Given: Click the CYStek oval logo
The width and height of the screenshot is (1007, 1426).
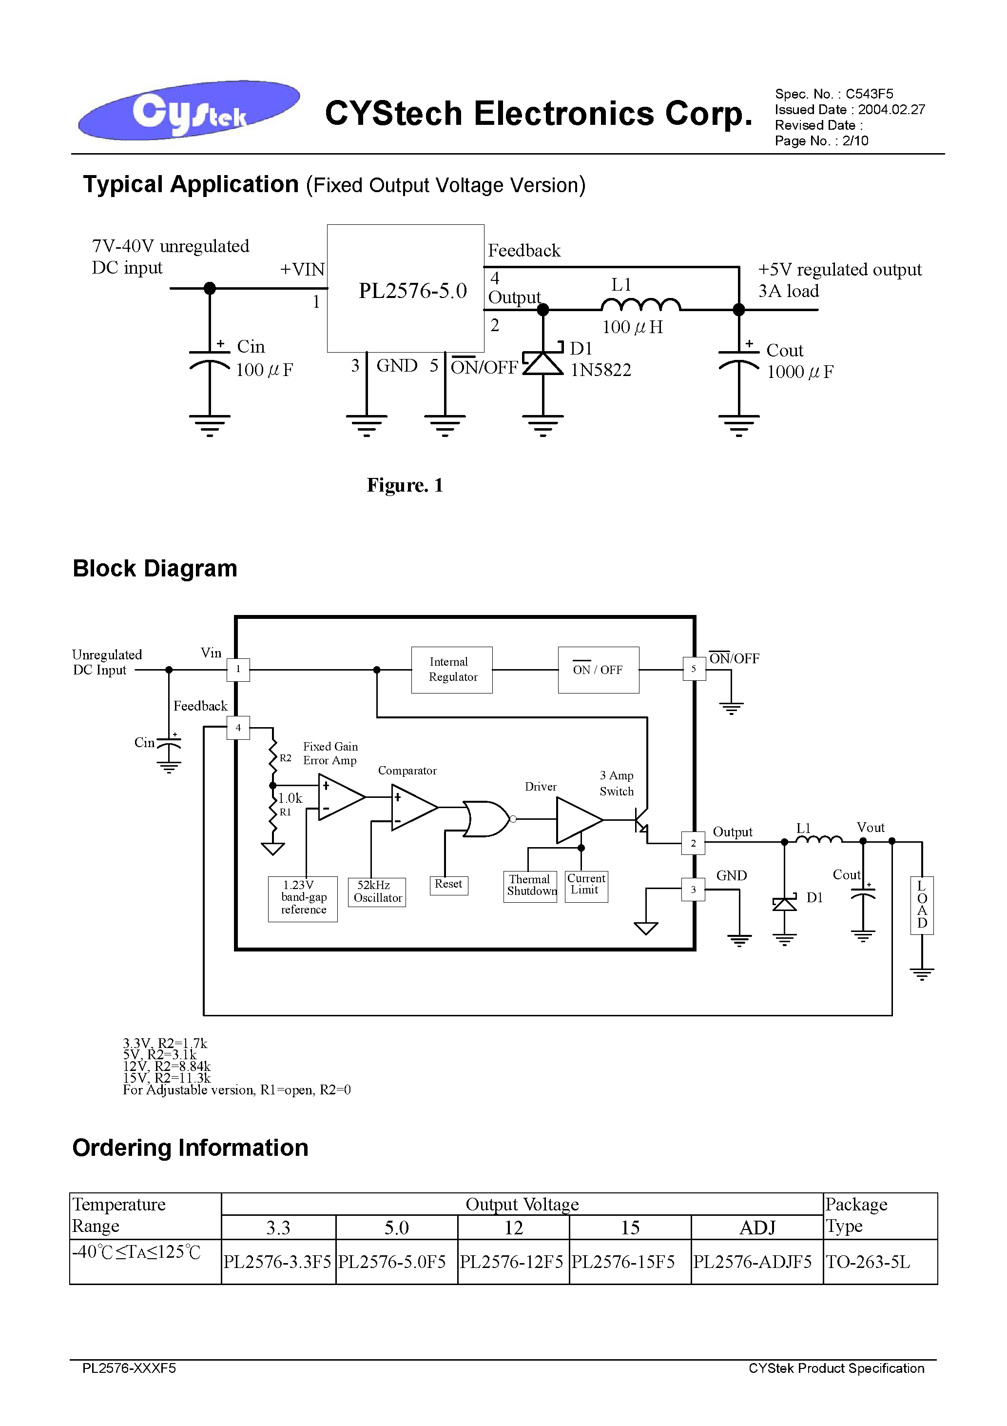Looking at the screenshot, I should coord(189,110).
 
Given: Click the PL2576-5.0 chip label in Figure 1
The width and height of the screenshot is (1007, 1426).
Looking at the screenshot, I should coord(412,291).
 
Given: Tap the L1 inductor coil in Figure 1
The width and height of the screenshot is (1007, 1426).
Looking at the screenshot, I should coord(640,304).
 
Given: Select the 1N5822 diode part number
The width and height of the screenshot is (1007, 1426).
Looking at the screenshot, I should coord(600,370).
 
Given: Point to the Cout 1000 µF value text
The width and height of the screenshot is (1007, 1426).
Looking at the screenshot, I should coord(800,372).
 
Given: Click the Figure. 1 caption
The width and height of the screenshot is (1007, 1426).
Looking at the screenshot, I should coord(405,485).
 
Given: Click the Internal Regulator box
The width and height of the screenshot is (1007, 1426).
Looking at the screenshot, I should coord(451,670).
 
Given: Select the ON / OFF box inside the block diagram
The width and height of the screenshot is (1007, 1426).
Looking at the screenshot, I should coord(598,670).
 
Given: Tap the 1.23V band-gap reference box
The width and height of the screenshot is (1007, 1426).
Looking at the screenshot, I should coord(303,898).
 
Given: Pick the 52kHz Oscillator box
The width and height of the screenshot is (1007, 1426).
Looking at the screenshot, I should coord(377,892).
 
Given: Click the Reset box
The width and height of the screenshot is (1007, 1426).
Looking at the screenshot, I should coord(448,884).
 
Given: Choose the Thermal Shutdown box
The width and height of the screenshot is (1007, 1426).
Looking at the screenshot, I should coord(529,886).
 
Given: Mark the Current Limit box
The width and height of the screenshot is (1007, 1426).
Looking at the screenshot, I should coord(586,885).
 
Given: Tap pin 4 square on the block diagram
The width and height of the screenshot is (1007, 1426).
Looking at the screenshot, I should coord(238,727).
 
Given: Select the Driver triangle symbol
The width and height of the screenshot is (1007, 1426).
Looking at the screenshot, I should coord(577,820).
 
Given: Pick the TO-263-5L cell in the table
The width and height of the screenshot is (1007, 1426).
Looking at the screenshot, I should coord(869,1262).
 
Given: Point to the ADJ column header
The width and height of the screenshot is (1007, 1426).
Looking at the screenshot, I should coord(757,1227).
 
